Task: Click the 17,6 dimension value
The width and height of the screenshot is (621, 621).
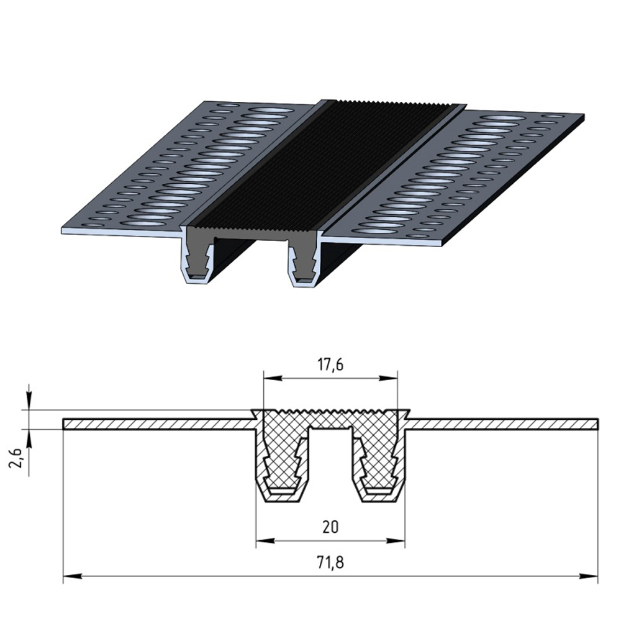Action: pos(330,365)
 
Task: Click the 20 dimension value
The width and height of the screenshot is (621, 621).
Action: pos(330,527)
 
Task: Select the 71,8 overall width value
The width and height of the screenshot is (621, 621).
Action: pos(330,563)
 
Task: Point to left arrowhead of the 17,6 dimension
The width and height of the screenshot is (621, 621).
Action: pos(273,378)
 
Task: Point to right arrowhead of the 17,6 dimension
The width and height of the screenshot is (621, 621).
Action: pos(388,378)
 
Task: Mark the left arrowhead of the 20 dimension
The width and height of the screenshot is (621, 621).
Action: pos(265,540)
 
